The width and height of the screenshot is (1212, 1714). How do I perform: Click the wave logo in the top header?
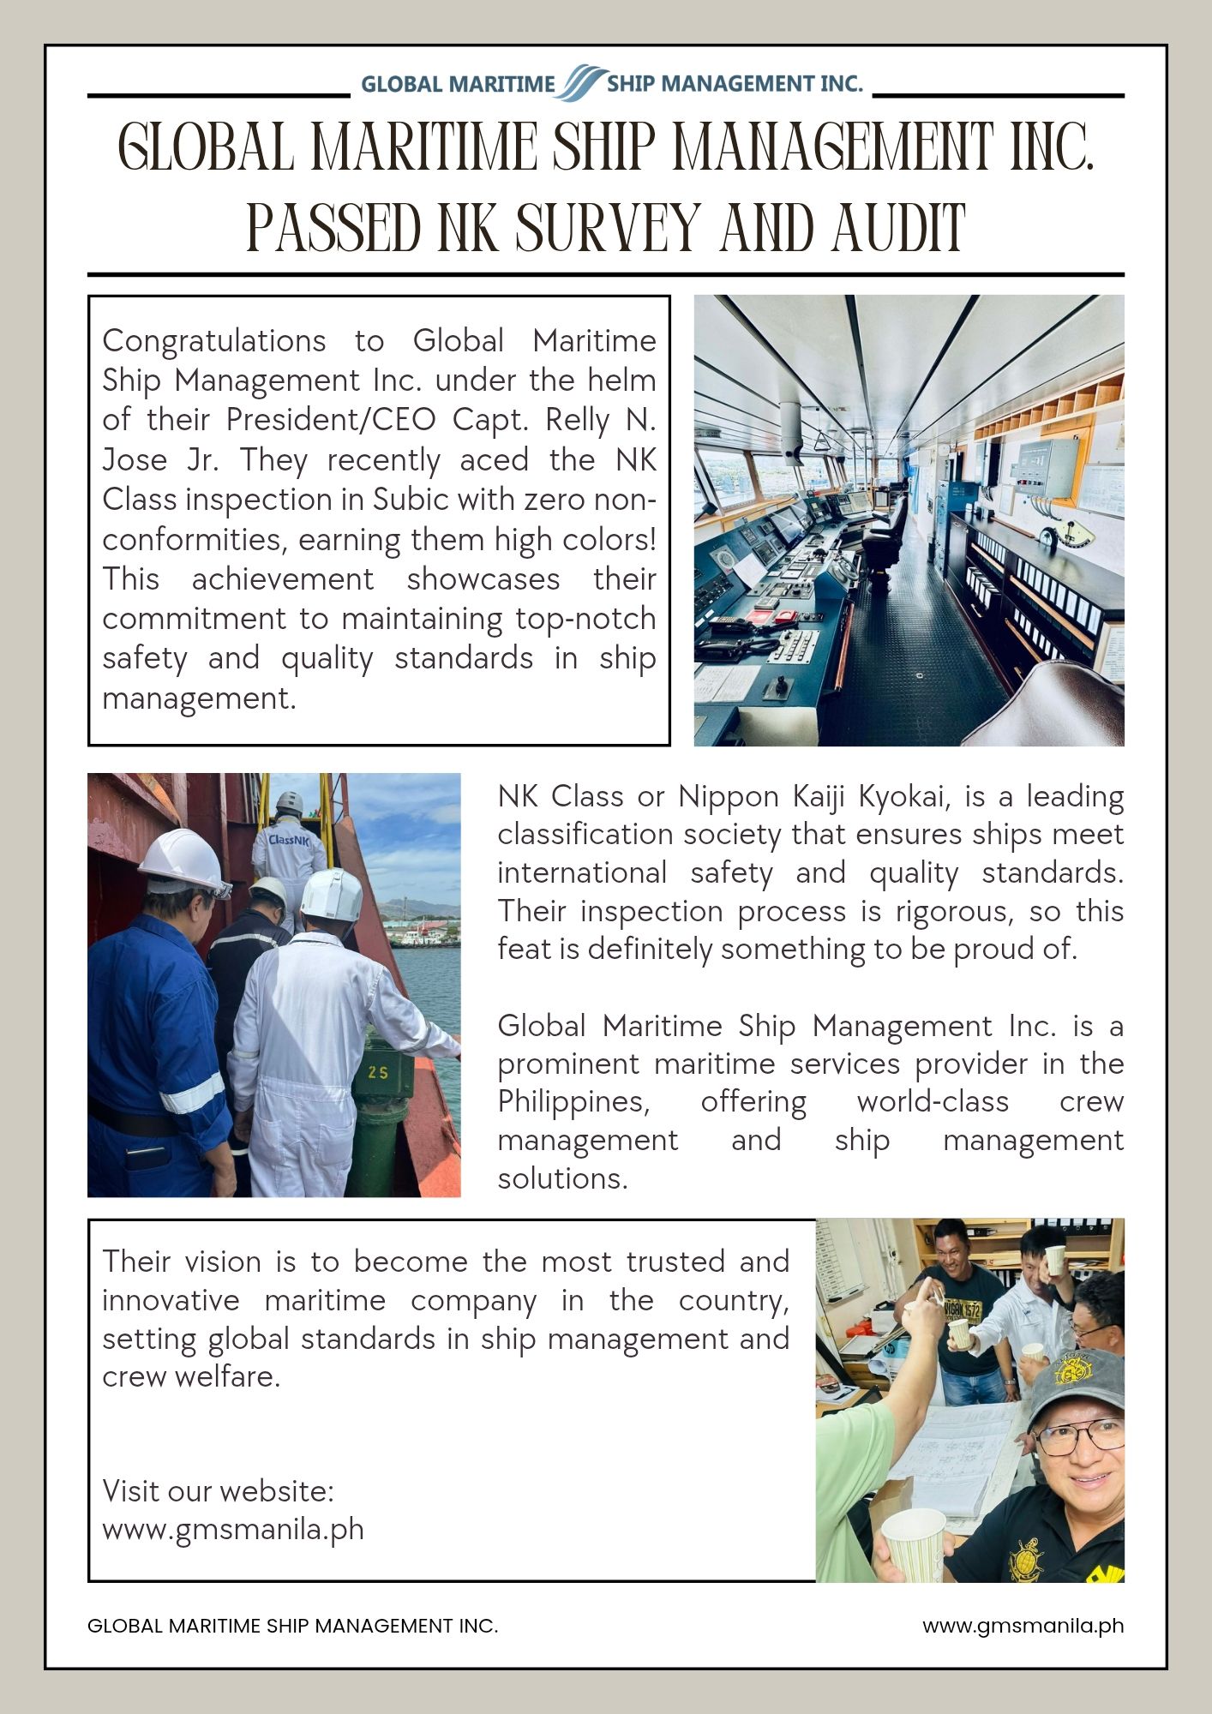point(583,82)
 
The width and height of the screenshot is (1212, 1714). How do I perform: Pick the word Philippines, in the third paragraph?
point(573,1101)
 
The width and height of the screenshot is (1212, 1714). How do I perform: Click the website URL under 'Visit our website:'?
point(233,1529)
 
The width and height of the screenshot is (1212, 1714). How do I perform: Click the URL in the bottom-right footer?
point(1023,1626)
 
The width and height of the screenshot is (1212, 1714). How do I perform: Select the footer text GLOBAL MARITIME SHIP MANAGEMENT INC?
point(292,1626)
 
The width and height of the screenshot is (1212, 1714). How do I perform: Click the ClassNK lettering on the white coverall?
point(288,841)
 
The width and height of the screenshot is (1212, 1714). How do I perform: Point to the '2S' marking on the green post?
point(378,1072)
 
